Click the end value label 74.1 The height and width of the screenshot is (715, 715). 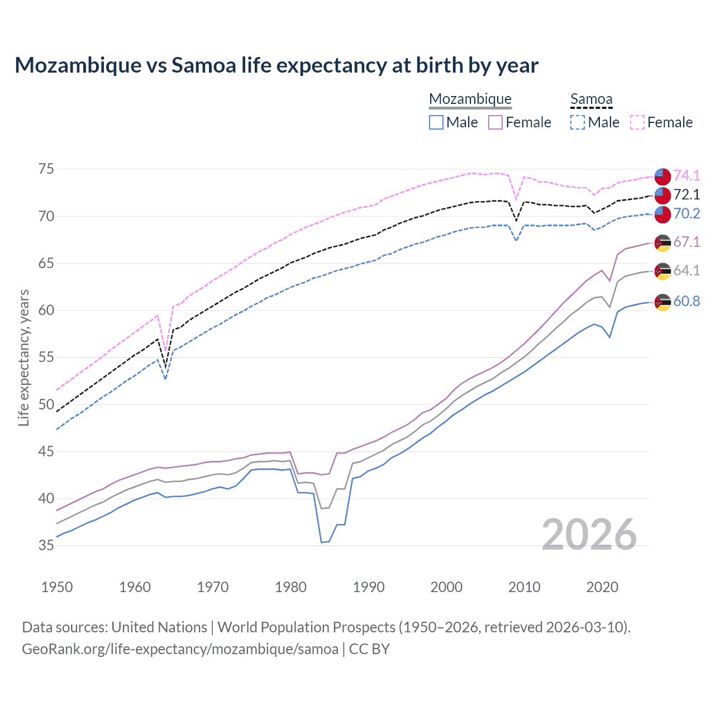click(687, 175)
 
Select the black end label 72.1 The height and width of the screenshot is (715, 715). click(687, 194)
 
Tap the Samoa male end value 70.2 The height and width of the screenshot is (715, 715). click(687, 213)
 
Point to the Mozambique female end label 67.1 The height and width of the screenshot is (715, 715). click(687, 242)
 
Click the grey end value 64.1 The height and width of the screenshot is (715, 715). click(687, 270)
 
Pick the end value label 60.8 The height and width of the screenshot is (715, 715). click(687, 301)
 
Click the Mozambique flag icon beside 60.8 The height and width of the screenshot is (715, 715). click(662, 302)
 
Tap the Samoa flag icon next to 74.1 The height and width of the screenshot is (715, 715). click(662, 177)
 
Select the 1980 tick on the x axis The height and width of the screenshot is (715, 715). click(291, 587)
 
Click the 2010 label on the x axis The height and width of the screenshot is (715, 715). click(525, 587)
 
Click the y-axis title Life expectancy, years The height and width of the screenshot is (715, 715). click(23, 357)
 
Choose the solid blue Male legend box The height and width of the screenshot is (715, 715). click(436, 122)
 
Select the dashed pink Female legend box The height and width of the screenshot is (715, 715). click(637, 122)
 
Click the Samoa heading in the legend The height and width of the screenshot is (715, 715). click(592, 99)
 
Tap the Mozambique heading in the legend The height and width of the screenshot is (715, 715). click(470, 99)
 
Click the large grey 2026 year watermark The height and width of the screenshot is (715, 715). click(589, 535)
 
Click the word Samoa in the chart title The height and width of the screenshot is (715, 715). click(204, 65)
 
